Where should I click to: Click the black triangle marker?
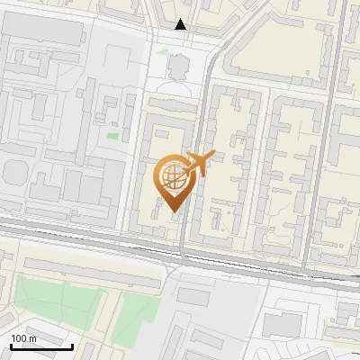[x=181, y=24]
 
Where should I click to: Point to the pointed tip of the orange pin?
[x=171, y=211]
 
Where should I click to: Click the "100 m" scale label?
[x=23, y=338]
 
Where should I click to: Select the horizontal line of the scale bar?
[x=41, y=347]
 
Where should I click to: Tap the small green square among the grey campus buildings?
[x=113, y=137]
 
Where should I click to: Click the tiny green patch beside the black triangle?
[x=162, y=52]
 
